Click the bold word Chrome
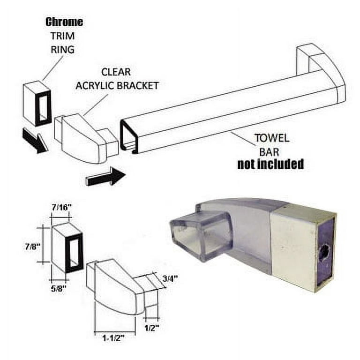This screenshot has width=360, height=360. point(64,22)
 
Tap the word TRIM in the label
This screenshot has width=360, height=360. point(63,36)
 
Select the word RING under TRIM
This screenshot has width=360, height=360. point(62,50)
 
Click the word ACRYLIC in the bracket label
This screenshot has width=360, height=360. point(95,86)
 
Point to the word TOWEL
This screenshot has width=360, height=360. point(272,138)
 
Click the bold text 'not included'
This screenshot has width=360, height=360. point(270,164)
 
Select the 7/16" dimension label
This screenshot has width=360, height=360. point(60,208)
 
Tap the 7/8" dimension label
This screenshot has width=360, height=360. point(33,247)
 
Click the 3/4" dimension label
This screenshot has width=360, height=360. point(170,279)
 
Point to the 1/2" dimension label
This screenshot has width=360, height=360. point(152,328)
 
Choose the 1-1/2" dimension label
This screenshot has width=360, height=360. point(113,338)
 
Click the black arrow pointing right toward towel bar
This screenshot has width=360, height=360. point(105,177)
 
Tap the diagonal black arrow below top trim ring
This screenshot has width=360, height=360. point(35,141)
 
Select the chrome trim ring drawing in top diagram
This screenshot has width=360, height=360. point(37,103)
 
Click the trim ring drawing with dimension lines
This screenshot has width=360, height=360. point(67,248)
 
